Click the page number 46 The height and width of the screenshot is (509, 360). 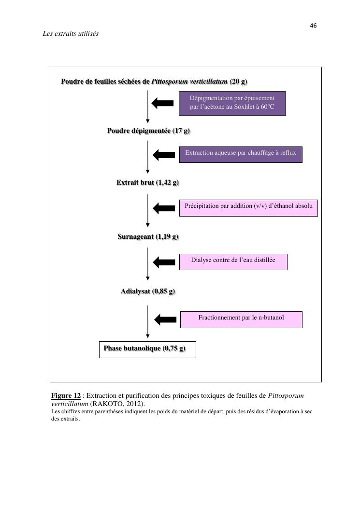click(313, 26)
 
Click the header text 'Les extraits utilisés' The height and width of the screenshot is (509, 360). click(71, 34)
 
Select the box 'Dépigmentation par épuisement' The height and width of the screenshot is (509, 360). click(232, 103)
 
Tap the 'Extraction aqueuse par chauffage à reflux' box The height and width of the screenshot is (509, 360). click(241, 154)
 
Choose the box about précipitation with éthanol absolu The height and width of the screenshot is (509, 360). click(248, 207)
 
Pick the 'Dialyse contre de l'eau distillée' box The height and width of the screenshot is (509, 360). click(233, 262)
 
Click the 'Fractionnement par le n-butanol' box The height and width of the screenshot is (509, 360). click(241, 319)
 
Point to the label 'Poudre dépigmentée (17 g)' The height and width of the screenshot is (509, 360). click(149, 131)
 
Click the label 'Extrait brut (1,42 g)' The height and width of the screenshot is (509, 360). click(147, 183)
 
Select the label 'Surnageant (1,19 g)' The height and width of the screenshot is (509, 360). click(148, 237)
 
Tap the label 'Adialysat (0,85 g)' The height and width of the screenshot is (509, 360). click(148, 291)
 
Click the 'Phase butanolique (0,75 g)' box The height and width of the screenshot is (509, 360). click(147, 349)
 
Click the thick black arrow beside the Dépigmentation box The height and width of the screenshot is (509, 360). click(162, 103)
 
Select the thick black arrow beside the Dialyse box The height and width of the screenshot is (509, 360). click(164, 262)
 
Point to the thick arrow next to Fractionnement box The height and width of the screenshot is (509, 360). click(165, 320)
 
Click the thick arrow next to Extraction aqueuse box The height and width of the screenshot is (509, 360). click(164, 155)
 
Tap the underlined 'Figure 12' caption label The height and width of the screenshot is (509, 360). click(66, 396)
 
